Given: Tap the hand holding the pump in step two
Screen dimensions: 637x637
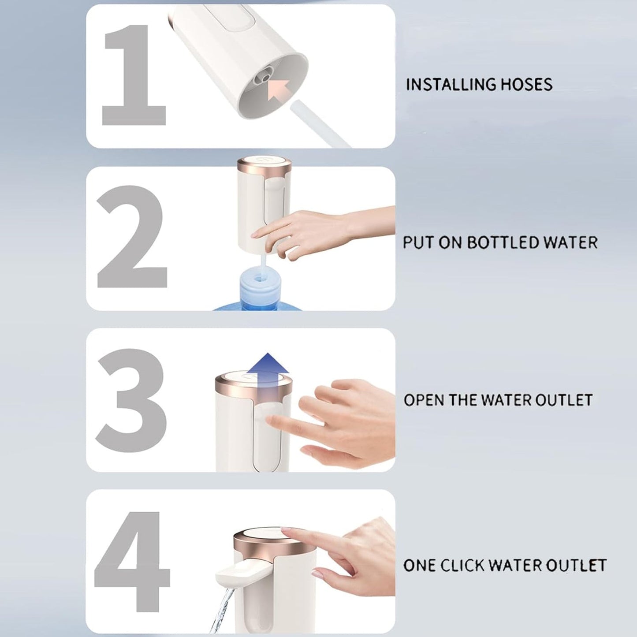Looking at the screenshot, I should [309, 229].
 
